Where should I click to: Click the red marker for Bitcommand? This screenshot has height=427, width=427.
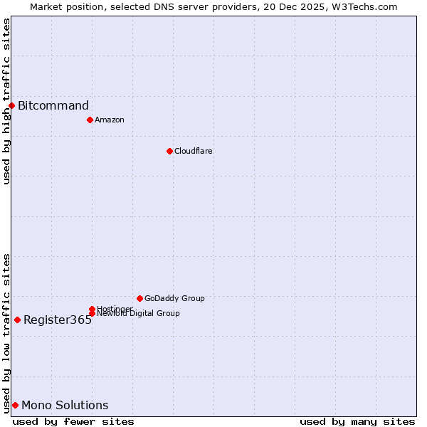click(11, 106)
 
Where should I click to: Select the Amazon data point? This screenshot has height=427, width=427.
click(90, 120)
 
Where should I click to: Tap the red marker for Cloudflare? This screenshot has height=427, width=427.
click(169, 151)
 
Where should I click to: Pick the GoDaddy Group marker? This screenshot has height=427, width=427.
click(139, 298)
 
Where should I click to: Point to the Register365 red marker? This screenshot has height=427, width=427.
click(17, 320)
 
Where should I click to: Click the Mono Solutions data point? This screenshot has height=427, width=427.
click(15, 405)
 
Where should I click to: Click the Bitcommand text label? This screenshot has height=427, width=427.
click(53, 106)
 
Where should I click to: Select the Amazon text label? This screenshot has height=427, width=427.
click(110, 120)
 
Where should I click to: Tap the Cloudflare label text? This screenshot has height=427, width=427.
click(194, 151)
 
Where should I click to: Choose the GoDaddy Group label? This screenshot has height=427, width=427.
click(174, 298)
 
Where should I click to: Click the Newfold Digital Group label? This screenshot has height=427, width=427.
click(138, 314)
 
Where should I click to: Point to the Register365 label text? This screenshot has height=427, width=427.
click(58, 320)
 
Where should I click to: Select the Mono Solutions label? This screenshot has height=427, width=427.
click(65, 406)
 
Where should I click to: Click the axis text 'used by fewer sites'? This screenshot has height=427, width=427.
click(73, 421)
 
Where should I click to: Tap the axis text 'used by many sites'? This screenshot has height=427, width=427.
click(357, 421)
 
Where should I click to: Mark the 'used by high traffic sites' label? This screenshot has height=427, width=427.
click(6, 101)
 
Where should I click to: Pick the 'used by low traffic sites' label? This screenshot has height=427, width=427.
click(6, 332)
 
